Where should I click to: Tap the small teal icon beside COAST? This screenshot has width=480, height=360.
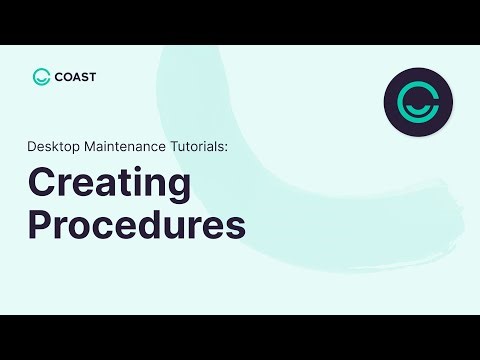click(41, 76)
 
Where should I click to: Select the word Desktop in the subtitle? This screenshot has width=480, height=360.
click(53, 146)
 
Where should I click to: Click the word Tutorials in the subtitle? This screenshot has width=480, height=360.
click(200, 146)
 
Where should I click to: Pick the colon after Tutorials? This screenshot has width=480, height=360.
click(229, 147)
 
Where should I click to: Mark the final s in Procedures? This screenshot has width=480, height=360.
click(237, 226)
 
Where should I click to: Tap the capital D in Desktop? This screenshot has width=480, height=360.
click(32, 146)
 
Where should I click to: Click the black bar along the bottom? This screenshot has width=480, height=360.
click(240, 337)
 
